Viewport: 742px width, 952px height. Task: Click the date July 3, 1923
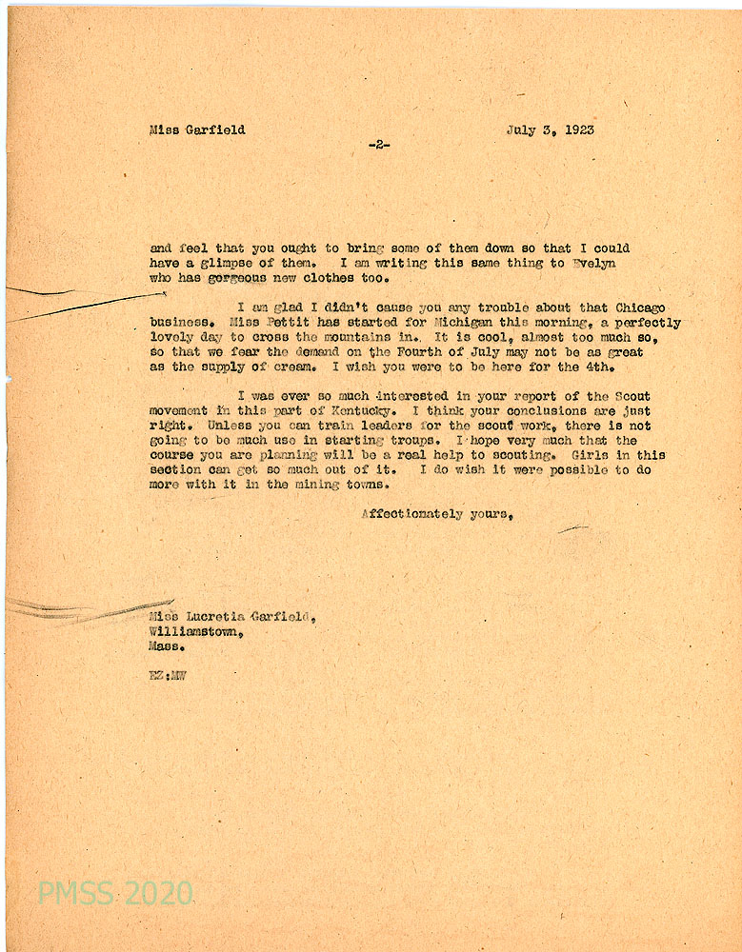(551, 130)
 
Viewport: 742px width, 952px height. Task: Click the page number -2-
(378, 145)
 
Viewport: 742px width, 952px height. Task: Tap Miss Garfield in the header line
(197, 130)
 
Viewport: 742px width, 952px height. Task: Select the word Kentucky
(355, 411)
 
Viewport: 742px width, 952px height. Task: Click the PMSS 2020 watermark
(115, 893)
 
